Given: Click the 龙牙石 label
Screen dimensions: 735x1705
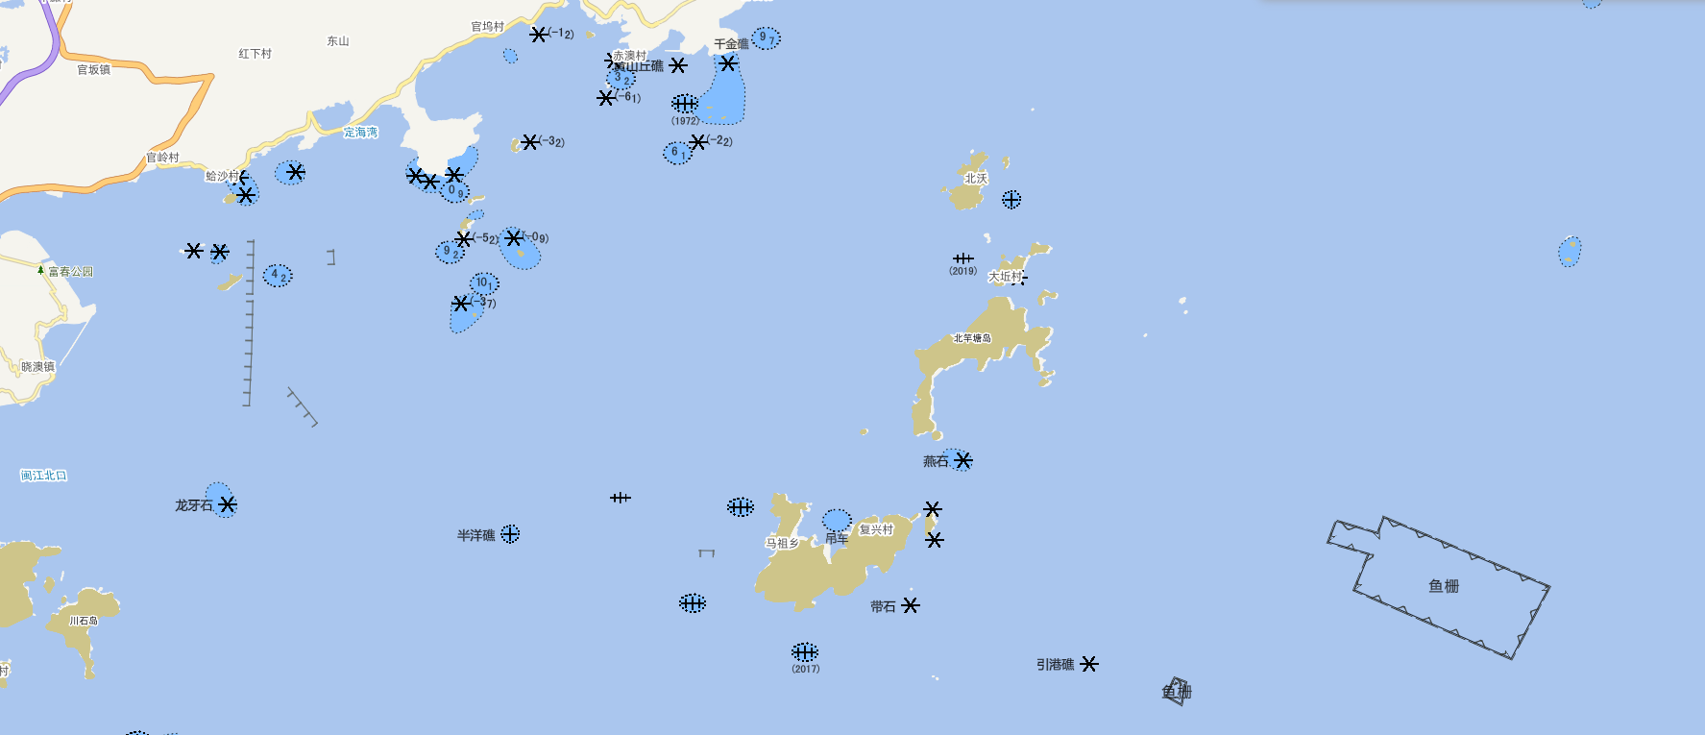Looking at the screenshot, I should (193, 505).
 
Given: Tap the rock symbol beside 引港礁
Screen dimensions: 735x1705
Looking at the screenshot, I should (1088, 664).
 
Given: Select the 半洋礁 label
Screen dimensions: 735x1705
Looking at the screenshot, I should (475, 535).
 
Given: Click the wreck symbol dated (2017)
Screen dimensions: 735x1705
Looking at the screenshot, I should (805, 651).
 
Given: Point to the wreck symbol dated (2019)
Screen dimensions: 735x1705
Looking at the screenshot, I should (962, 258).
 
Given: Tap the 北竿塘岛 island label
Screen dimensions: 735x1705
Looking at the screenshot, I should (972, 338).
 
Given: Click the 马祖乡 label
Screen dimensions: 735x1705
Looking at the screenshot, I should (782, 543).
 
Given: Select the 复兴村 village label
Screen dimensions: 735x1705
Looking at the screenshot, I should (876, 529).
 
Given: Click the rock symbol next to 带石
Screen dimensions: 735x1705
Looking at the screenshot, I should (911, 605).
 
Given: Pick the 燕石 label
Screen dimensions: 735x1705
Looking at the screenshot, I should (935, 462).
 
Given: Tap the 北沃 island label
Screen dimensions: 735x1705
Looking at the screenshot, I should (975, 179).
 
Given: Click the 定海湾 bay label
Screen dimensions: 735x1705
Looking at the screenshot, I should (360, 133).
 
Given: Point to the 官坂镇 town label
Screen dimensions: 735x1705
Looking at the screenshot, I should (94, 69).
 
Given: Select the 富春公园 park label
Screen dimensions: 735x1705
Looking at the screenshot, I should (70, 272).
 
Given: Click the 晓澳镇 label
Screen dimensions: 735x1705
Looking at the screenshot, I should (37, 367).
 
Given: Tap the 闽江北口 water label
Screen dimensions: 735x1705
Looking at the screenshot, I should (43, 476).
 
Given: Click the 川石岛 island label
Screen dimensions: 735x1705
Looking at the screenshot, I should (84, 621).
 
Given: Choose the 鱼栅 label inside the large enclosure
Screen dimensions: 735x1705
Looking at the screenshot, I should (1444, 586).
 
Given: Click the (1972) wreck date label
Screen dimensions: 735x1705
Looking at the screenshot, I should (685, 121).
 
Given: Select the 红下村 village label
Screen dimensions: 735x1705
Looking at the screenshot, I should (255, 54).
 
